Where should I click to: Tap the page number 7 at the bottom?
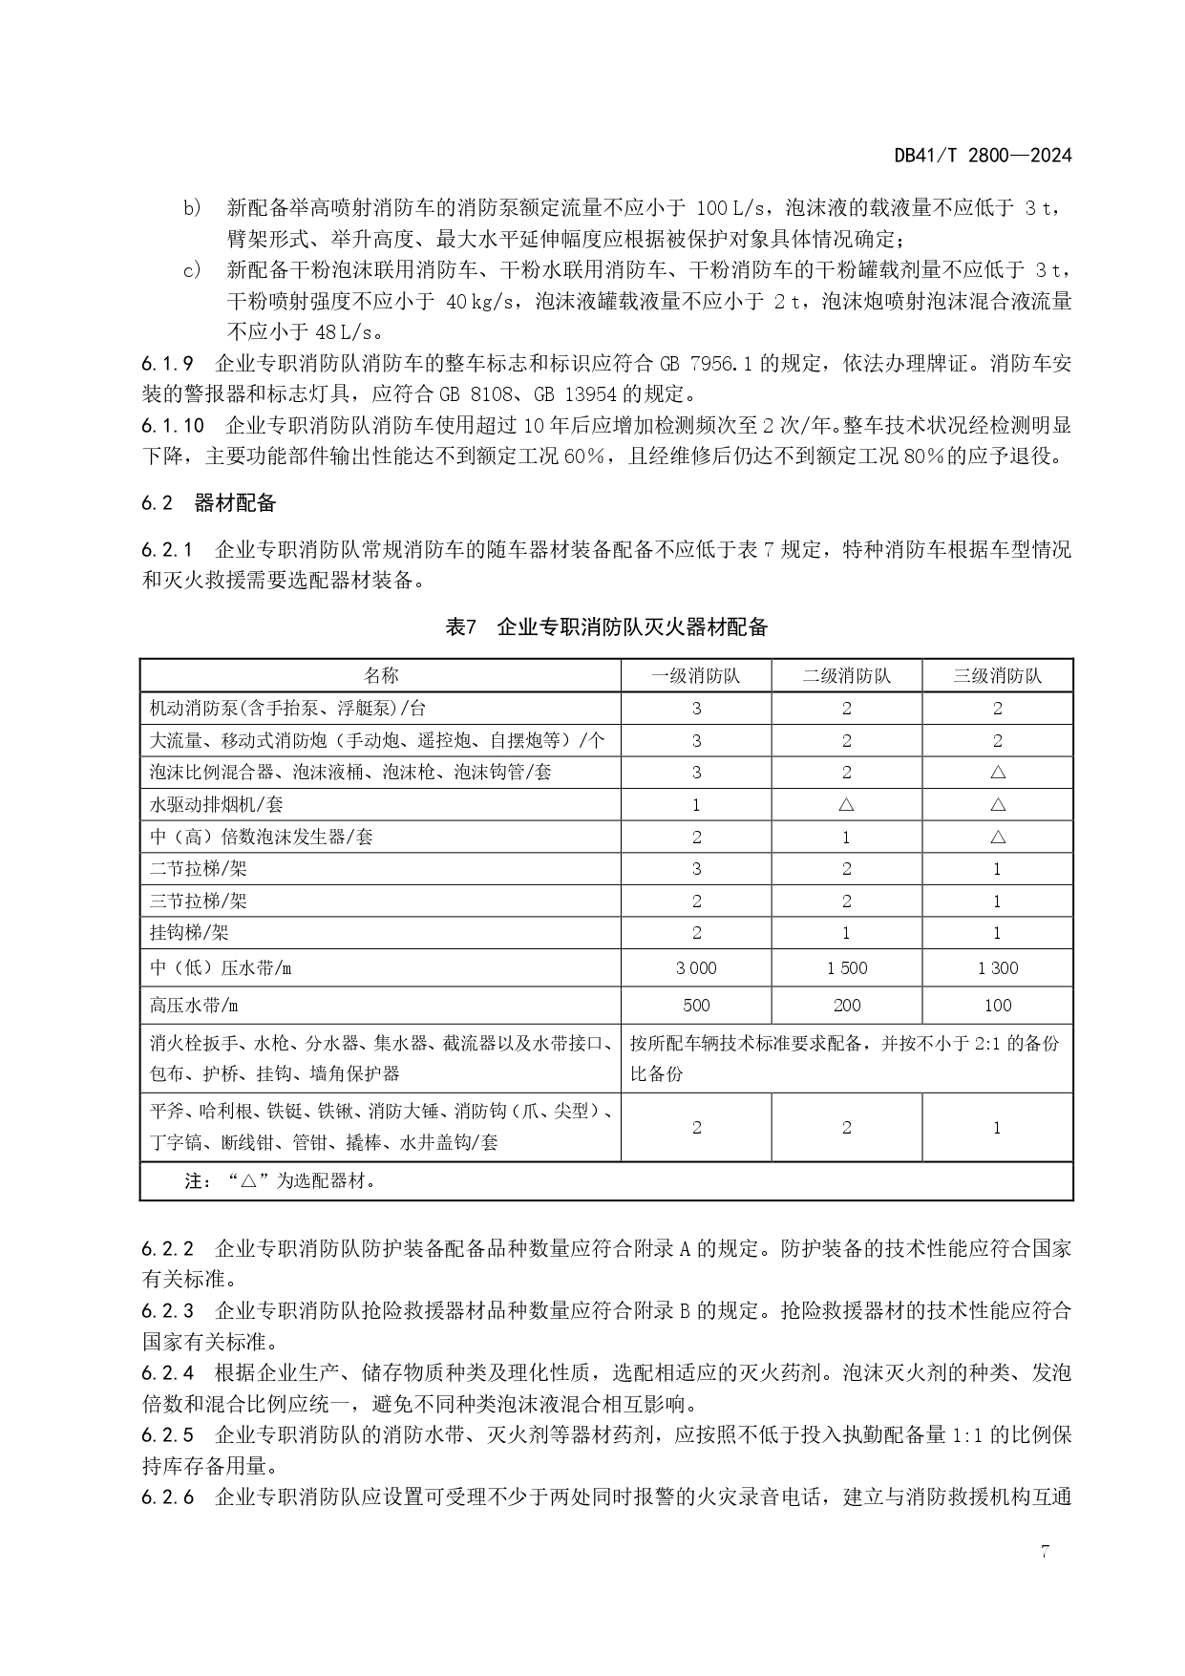[x=1045, y=1551]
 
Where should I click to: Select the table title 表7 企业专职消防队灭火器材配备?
[x=606, y=627]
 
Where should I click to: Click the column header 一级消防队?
[x=696, y=676]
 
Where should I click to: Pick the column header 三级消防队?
[x=997, y=676]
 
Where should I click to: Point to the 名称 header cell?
[x=381, y=676]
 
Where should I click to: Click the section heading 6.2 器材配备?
[x=208, y=503]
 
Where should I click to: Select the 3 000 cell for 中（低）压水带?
[x=696, y=967]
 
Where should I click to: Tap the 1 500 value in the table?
[x=847, y=967]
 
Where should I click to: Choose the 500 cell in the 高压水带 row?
[x=696, y=1005]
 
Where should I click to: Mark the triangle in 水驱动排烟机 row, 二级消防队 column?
[x=847, y=805]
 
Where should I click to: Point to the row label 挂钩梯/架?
[x=190, y=933]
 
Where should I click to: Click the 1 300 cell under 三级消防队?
[x=998, y=967]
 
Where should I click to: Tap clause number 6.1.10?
[x=173, y=425]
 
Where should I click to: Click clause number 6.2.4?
[x=168, y=1373]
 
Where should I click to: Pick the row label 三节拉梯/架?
[x=199, y=901]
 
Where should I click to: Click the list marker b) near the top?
[x=192, y=207]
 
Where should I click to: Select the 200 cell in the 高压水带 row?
[x=847, y=1005]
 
